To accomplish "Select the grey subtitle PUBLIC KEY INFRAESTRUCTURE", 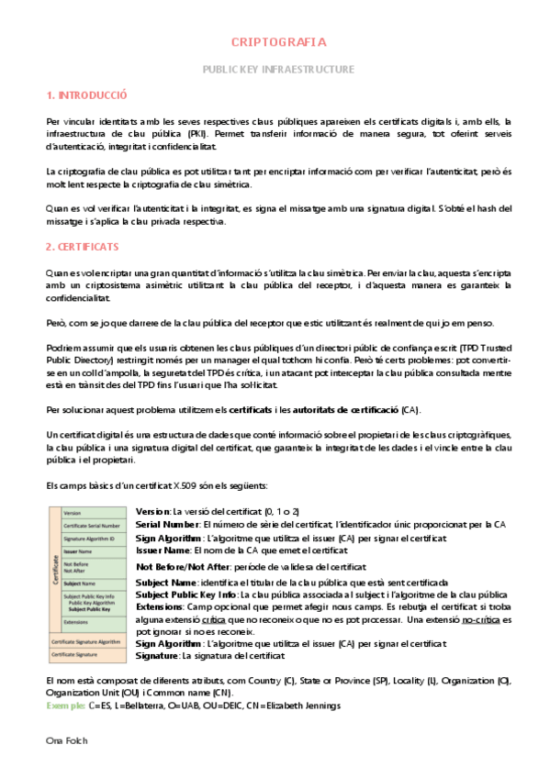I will [x=277, y=70].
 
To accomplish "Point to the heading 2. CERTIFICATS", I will [x=84, y=248].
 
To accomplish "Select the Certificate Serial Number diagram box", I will [x=91, y=526].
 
